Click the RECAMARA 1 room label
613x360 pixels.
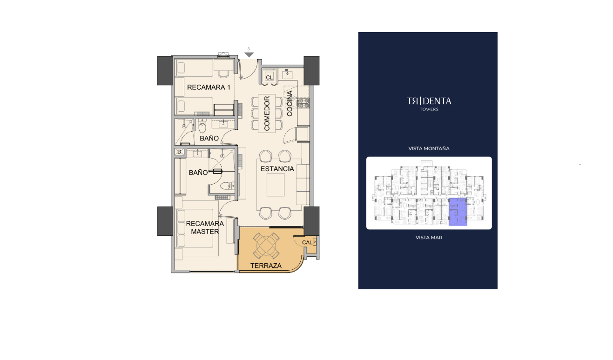point(209,87)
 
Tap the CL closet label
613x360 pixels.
point(269,77)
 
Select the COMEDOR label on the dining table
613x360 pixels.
point(267,113)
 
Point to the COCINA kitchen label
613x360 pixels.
point(290,103)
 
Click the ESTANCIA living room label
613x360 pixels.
point(277,169)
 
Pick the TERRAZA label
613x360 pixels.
point(266,266)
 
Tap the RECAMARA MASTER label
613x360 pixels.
point(205,227)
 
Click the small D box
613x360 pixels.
point(179,152)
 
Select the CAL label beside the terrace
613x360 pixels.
point(307,242)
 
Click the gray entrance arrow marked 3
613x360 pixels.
point(249,54)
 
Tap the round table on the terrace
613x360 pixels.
point(266,246)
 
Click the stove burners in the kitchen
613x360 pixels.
point(303,103)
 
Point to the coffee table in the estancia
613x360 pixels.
point(276,184)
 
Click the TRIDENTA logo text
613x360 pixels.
point(429,101)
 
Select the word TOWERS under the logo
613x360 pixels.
point(429,109)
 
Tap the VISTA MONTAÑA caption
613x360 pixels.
point(429,148)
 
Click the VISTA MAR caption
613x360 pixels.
point(429,238)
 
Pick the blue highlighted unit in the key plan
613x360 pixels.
point(458,212)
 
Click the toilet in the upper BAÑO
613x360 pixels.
point(202,127)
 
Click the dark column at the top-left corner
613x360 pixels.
point(165,71)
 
